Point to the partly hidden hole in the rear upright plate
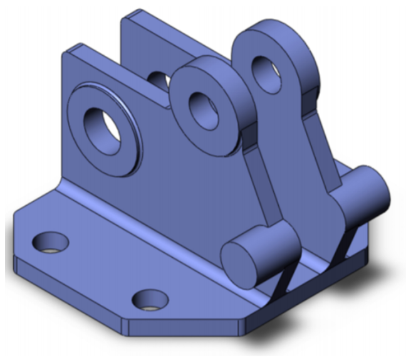coord(159,81)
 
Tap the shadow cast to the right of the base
coord(376,276)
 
